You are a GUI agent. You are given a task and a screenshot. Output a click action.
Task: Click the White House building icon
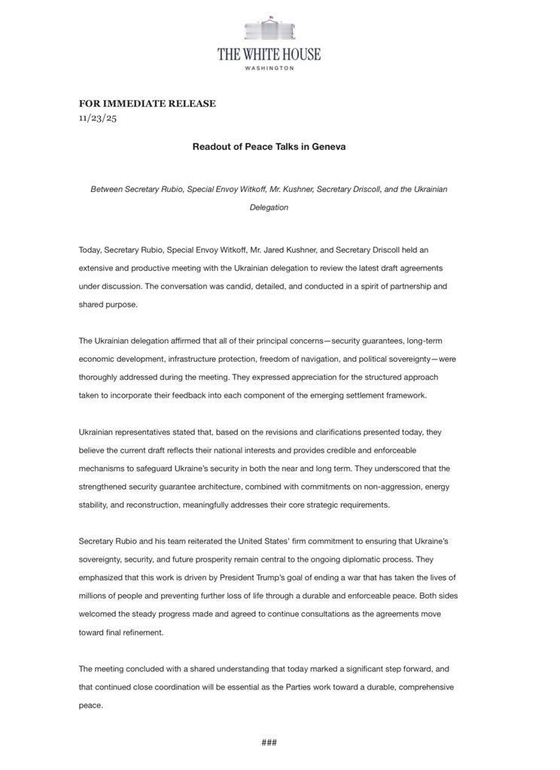(x=269, y=29)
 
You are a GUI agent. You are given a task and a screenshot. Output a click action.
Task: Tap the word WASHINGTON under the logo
(x=269, y=68)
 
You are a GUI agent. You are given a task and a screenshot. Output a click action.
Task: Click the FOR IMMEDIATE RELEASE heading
(x=148, y=104)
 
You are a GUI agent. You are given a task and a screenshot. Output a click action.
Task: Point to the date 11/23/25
(x=98, y=118)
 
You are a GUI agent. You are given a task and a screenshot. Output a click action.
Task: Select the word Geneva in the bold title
(x=329, y=147)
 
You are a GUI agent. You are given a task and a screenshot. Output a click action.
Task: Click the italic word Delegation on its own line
(x=269, y=208)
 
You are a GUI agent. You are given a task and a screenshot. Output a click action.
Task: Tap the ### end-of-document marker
(x=269, y=742)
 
